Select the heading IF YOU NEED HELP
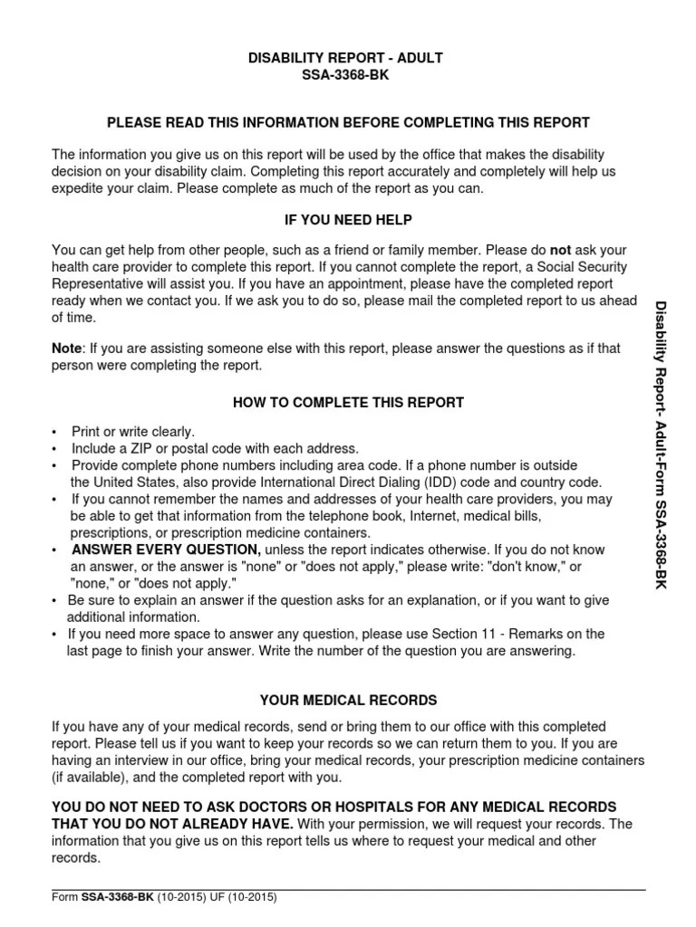coord(348,221)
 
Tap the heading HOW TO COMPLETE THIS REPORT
coord(348,402)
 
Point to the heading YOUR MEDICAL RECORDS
coord(348,700)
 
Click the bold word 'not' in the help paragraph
coord(561,249)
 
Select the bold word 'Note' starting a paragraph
coord(67,348)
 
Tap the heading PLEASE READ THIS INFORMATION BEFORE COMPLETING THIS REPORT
coord(348,122)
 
